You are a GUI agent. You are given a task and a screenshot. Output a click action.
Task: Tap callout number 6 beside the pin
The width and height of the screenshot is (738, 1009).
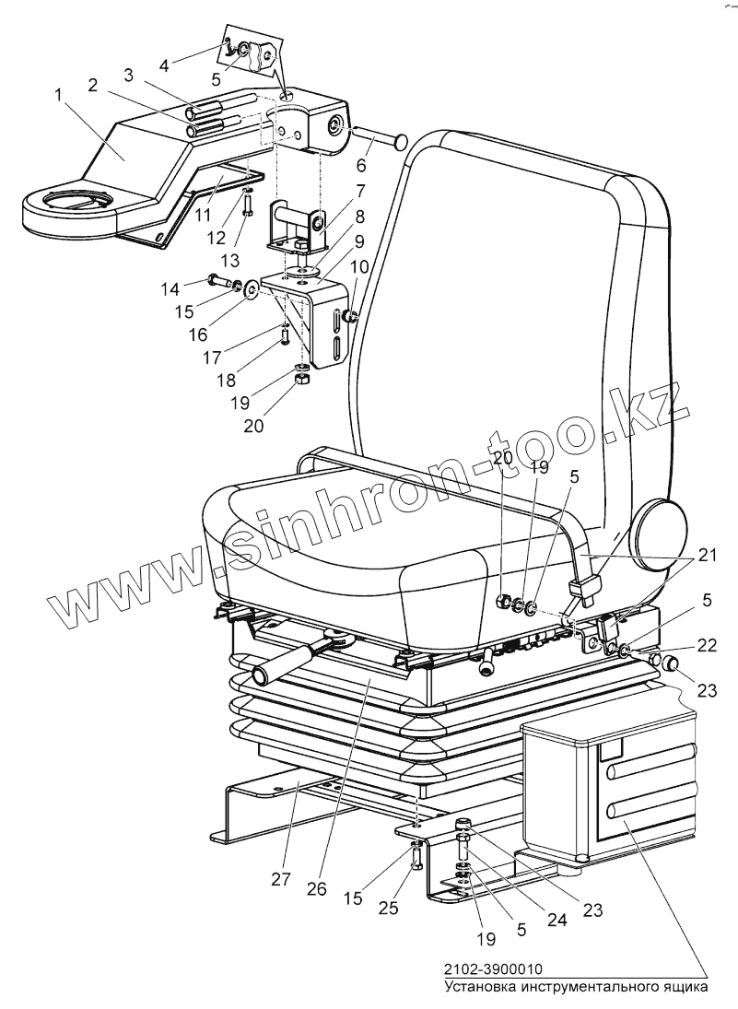(x=361, y=166)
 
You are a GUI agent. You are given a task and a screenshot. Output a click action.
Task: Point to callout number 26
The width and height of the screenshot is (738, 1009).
(x=318, y=888)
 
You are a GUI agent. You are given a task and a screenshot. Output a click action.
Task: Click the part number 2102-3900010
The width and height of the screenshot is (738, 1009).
(x=492, y=969)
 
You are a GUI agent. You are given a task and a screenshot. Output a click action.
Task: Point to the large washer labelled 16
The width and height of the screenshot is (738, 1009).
(x=251, y=293)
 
